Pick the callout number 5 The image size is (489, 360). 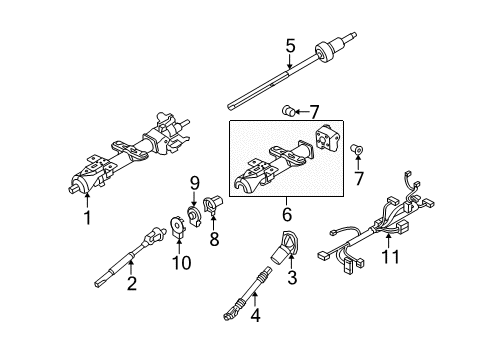click(291, 45)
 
